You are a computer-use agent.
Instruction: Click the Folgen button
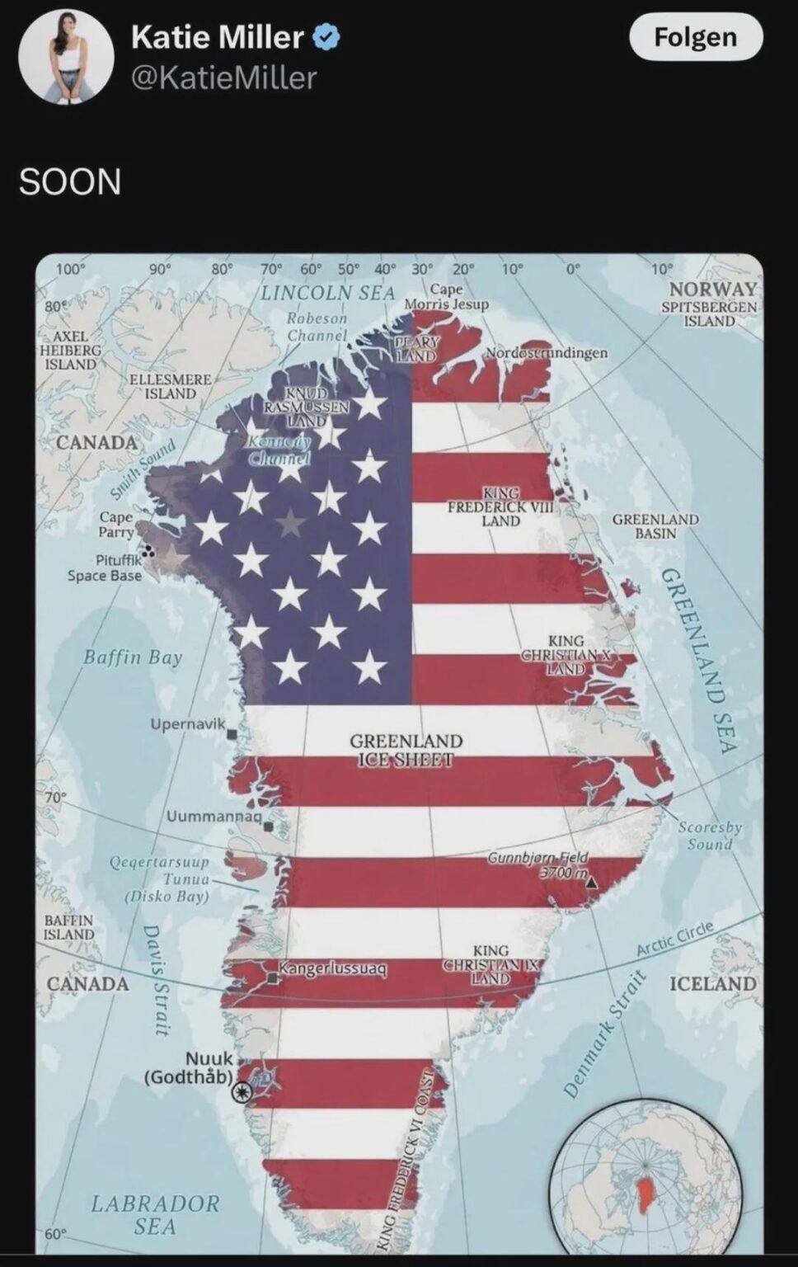[x=695, y=37]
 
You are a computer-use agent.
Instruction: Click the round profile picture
[x=66, y=57]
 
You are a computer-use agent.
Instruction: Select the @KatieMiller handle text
[x=223, y=78]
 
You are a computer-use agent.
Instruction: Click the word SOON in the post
[x=70, y=181]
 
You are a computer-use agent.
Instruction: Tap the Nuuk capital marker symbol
[x=242, y=1092]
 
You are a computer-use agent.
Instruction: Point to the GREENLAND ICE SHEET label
[x=406, y=750]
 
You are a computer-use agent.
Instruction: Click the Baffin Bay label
[x=133, y=657]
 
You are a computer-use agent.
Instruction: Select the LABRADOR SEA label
[x=155, y=1214]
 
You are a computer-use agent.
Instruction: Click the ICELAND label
[x=712, y=983]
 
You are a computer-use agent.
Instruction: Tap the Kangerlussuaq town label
[x=332, y=968]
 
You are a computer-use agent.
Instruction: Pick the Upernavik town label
[x=187, y=724]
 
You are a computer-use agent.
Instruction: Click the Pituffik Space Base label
[x=105, y=568]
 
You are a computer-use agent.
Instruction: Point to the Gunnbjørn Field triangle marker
[x=591, y=882]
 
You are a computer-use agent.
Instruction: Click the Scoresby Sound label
[x=710, y=835]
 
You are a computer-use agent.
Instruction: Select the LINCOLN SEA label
[x=328, y=293]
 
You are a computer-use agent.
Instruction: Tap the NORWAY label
[x=713, y=289]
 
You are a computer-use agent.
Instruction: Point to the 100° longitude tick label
[x=71, y=269]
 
